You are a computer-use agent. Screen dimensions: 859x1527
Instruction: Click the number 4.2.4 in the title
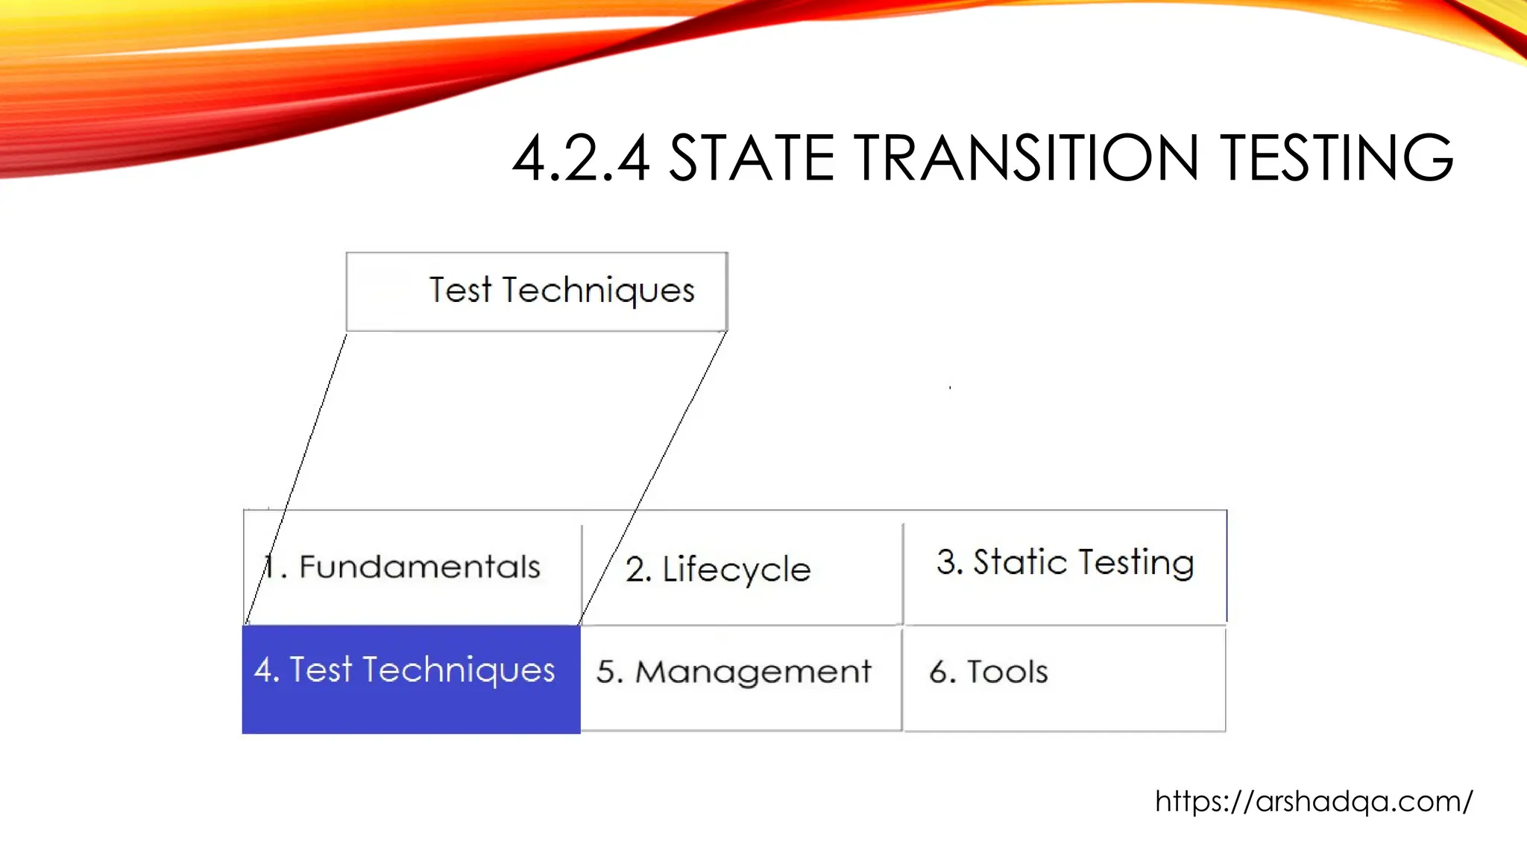(x=581, y=158)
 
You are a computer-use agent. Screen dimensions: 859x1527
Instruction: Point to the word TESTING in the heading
(x=1337, y=158)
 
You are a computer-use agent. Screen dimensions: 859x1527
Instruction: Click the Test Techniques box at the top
(x=536, y=292)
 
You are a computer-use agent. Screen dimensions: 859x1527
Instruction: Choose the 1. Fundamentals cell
(x=412, y=567)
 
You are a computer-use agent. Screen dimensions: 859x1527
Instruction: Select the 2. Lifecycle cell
(x=741, y=569)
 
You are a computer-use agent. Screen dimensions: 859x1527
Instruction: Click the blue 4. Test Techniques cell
(x=411, y=679)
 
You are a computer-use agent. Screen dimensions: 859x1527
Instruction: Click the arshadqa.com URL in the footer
(x=1314, y=802)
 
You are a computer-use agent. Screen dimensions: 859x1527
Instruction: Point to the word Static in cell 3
(x=1020, y=561)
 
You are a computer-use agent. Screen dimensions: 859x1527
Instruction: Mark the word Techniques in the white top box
(x=598, y=291)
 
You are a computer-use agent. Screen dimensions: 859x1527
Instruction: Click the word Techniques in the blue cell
(x=459, y=670)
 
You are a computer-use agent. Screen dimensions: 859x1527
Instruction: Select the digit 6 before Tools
(x=939, y=672)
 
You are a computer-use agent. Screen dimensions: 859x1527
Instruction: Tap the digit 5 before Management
(x=605, y=672)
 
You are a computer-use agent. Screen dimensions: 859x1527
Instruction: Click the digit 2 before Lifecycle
(x=635, y=570)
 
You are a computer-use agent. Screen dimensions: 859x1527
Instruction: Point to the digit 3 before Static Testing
(x=946, y=562)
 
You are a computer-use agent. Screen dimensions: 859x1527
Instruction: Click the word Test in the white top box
(x=460, y=289)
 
